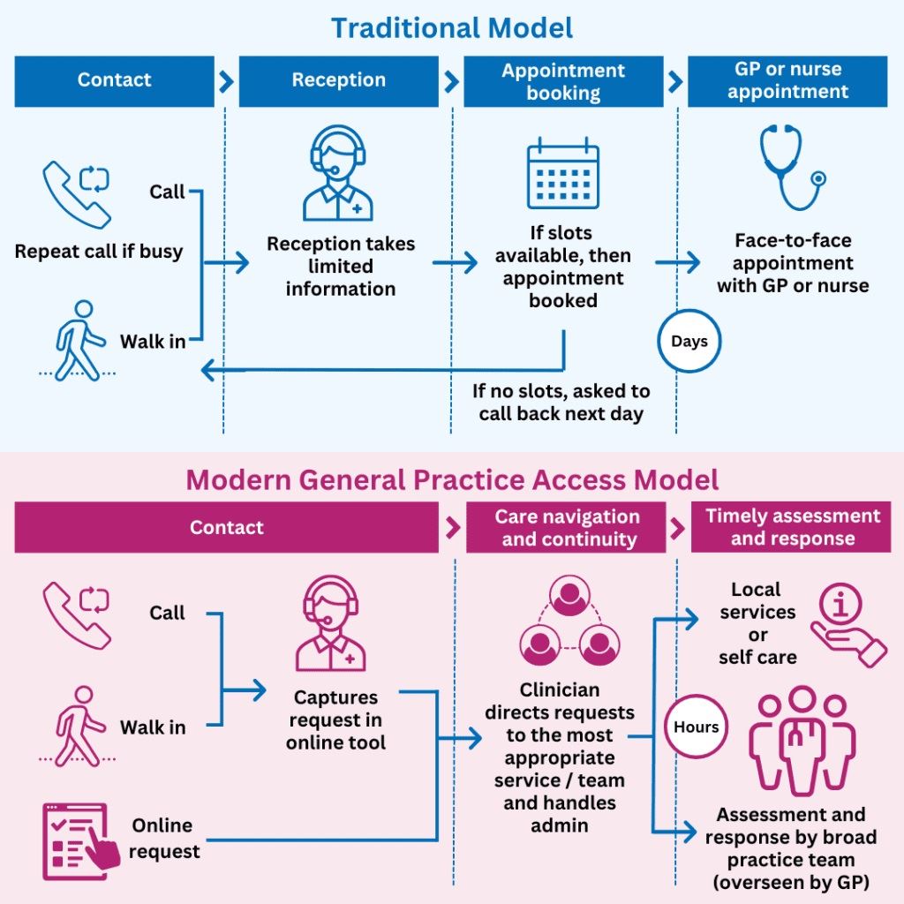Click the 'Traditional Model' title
(x=452, y=27)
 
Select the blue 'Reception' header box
(x=338, y=81)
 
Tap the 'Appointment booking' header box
(x=563, y=81)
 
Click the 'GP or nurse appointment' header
(x=787, y=81)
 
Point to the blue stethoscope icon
(x=791, y=169)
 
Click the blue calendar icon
(x=563, y=177)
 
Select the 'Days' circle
(x=689, y=342)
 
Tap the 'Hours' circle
(x=697, y=727)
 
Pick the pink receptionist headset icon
(x=330, y=623)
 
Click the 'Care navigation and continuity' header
(x=566, y=528)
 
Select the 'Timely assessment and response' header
(x=793, y=528)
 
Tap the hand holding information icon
(x=847, y=625)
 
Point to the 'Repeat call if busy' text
(x=99, y=252)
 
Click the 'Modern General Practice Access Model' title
(x=452, y=480)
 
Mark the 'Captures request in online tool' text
(x=335, y=720)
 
